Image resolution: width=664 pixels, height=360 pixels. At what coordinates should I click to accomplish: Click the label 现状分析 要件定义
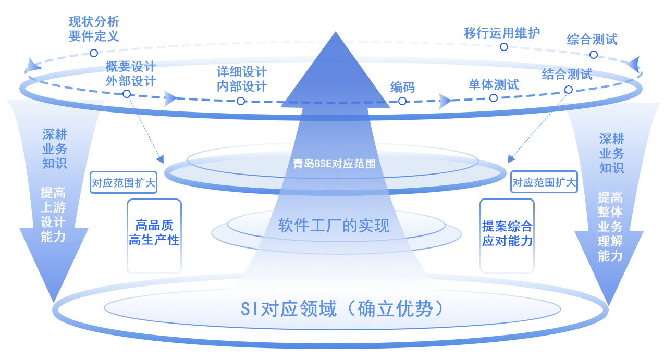point(94,29)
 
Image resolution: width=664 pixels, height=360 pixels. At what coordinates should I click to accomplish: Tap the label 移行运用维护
point(502,33)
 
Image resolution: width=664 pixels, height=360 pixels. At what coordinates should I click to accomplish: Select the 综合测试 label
point(592,39)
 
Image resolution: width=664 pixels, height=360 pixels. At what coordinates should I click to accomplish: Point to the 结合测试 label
point(567,74)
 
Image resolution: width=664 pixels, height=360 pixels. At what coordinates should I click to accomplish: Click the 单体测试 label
point(494,84)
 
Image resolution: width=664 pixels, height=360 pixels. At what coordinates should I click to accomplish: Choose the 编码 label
point(402,87)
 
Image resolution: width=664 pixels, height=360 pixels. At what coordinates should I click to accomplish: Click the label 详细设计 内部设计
point(242,79)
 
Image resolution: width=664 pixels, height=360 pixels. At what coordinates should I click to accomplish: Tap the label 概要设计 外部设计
point(130,73)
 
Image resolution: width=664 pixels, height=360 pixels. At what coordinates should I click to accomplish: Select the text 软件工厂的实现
point(334,226)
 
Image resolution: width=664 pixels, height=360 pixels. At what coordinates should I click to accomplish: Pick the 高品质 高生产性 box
point(154,235)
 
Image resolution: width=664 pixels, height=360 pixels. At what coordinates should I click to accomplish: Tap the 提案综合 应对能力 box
point(507,235)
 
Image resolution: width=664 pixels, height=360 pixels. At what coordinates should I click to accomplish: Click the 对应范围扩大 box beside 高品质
point(124,182)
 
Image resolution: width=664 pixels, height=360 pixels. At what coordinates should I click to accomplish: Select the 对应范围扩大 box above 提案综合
point(544,182)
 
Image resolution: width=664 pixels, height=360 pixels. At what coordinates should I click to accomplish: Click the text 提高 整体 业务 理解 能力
point(610,227)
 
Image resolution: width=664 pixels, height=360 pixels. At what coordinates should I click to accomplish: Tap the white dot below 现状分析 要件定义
point(94,53)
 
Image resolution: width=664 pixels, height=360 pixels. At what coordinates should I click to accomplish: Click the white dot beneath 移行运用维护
point(504,47)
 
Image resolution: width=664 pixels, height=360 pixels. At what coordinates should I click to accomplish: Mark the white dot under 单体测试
point(494,97)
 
